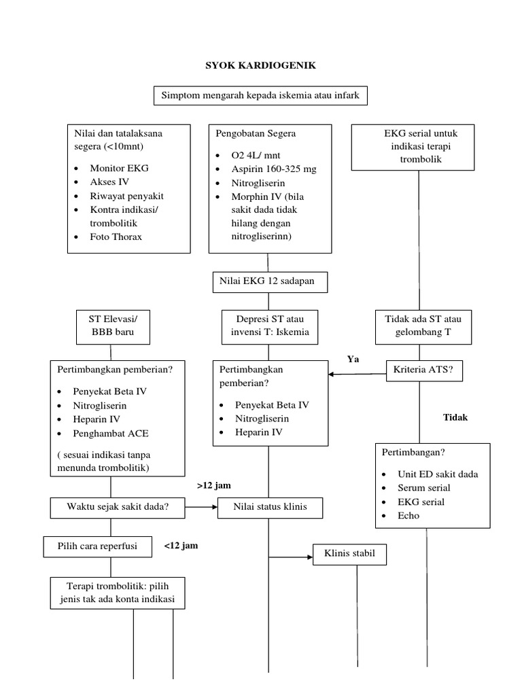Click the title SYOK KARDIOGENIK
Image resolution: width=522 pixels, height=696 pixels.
pos(262,66)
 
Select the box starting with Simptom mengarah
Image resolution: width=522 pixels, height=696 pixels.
pos(261,97)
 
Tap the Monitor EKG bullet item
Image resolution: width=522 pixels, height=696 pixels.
pos(118,168)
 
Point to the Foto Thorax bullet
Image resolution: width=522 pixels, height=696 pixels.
pos(118,237)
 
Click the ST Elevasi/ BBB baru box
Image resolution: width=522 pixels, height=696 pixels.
pos(111,326)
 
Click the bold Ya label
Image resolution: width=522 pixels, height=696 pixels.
pos(353,359)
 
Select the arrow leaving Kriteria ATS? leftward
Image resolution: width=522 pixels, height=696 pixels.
pos(357,373)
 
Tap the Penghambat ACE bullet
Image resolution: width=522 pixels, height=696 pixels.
pos(111,433)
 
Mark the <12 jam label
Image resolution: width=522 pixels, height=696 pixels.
pos(181,545)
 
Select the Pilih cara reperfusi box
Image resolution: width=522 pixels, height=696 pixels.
pos(99,546)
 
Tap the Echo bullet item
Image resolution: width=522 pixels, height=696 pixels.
pos(408,515)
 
